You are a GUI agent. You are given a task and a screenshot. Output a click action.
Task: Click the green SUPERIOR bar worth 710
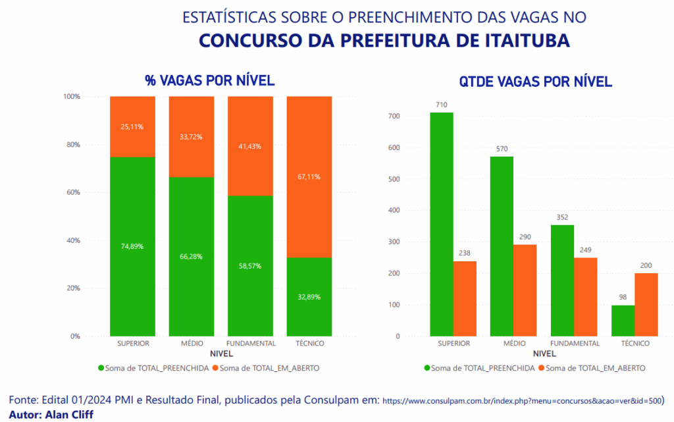tap(441, 224)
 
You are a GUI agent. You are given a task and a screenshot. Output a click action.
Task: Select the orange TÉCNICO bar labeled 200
tap(646, 304)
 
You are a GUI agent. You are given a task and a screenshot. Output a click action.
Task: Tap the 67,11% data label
tap(309, 176)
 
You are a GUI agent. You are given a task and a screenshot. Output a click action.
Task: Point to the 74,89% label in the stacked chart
tap(132, 246)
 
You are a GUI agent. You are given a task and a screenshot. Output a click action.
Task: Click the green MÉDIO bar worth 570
tap(502, 246)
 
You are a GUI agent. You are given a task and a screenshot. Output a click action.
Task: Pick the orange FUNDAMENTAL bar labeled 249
tap(586, 296)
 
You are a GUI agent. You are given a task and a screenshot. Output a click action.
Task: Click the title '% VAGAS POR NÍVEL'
tap(209, 81)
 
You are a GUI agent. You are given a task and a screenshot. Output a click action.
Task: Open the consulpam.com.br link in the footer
tap(523, 400)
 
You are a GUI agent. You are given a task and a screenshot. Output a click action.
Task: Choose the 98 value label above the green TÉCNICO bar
tap(623, 297)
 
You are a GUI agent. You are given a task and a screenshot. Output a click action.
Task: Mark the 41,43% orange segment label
tap(250, 146)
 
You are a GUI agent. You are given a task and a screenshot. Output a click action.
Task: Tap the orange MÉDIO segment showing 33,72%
tap(191, 137)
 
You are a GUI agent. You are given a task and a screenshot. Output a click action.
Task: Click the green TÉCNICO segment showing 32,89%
tap(309, 297)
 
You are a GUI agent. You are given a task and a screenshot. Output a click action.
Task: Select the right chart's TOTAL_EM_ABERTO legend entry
tap(592, 368)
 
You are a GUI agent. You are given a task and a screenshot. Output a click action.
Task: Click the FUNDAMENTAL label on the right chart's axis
tap(575, 344)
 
